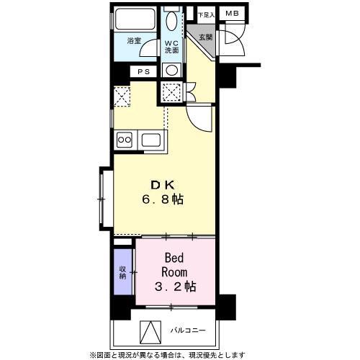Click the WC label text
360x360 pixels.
(x=171, y=42)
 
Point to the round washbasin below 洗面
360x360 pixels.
(x=171, y=70)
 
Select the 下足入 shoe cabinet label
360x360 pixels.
(x=206, y=14)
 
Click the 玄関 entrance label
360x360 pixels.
(x=206, y=37)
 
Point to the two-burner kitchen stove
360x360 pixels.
(x=124, y=139)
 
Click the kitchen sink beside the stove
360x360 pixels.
(x=151, y=139)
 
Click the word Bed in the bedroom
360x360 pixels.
(x=176, y=258)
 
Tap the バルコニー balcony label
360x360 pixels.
(x=189, y=332)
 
